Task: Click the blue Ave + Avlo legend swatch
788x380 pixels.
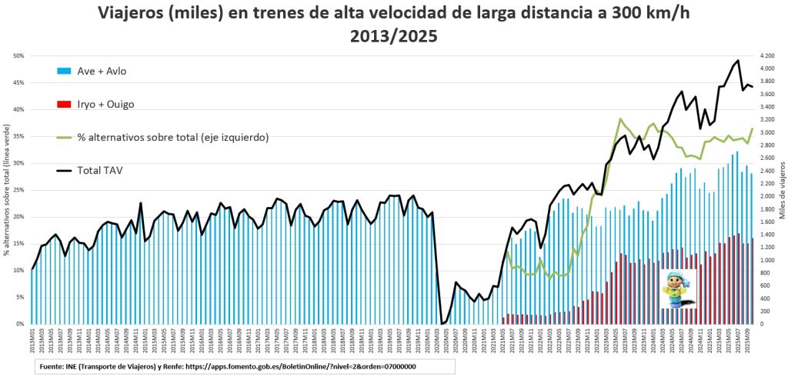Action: pyautogui.click(x=64, y=72)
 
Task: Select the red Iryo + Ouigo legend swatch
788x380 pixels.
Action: pyautogui.click(x=64, y=104)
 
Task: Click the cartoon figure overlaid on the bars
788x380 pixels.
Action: pyautogui.click(x=679, y=288)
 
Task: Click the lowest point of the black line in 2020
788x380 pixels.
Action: pyautogui.click(x=442, y=323)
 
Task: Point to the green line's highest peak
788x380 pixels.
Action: pyautogui.click(x=620, y=119)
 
